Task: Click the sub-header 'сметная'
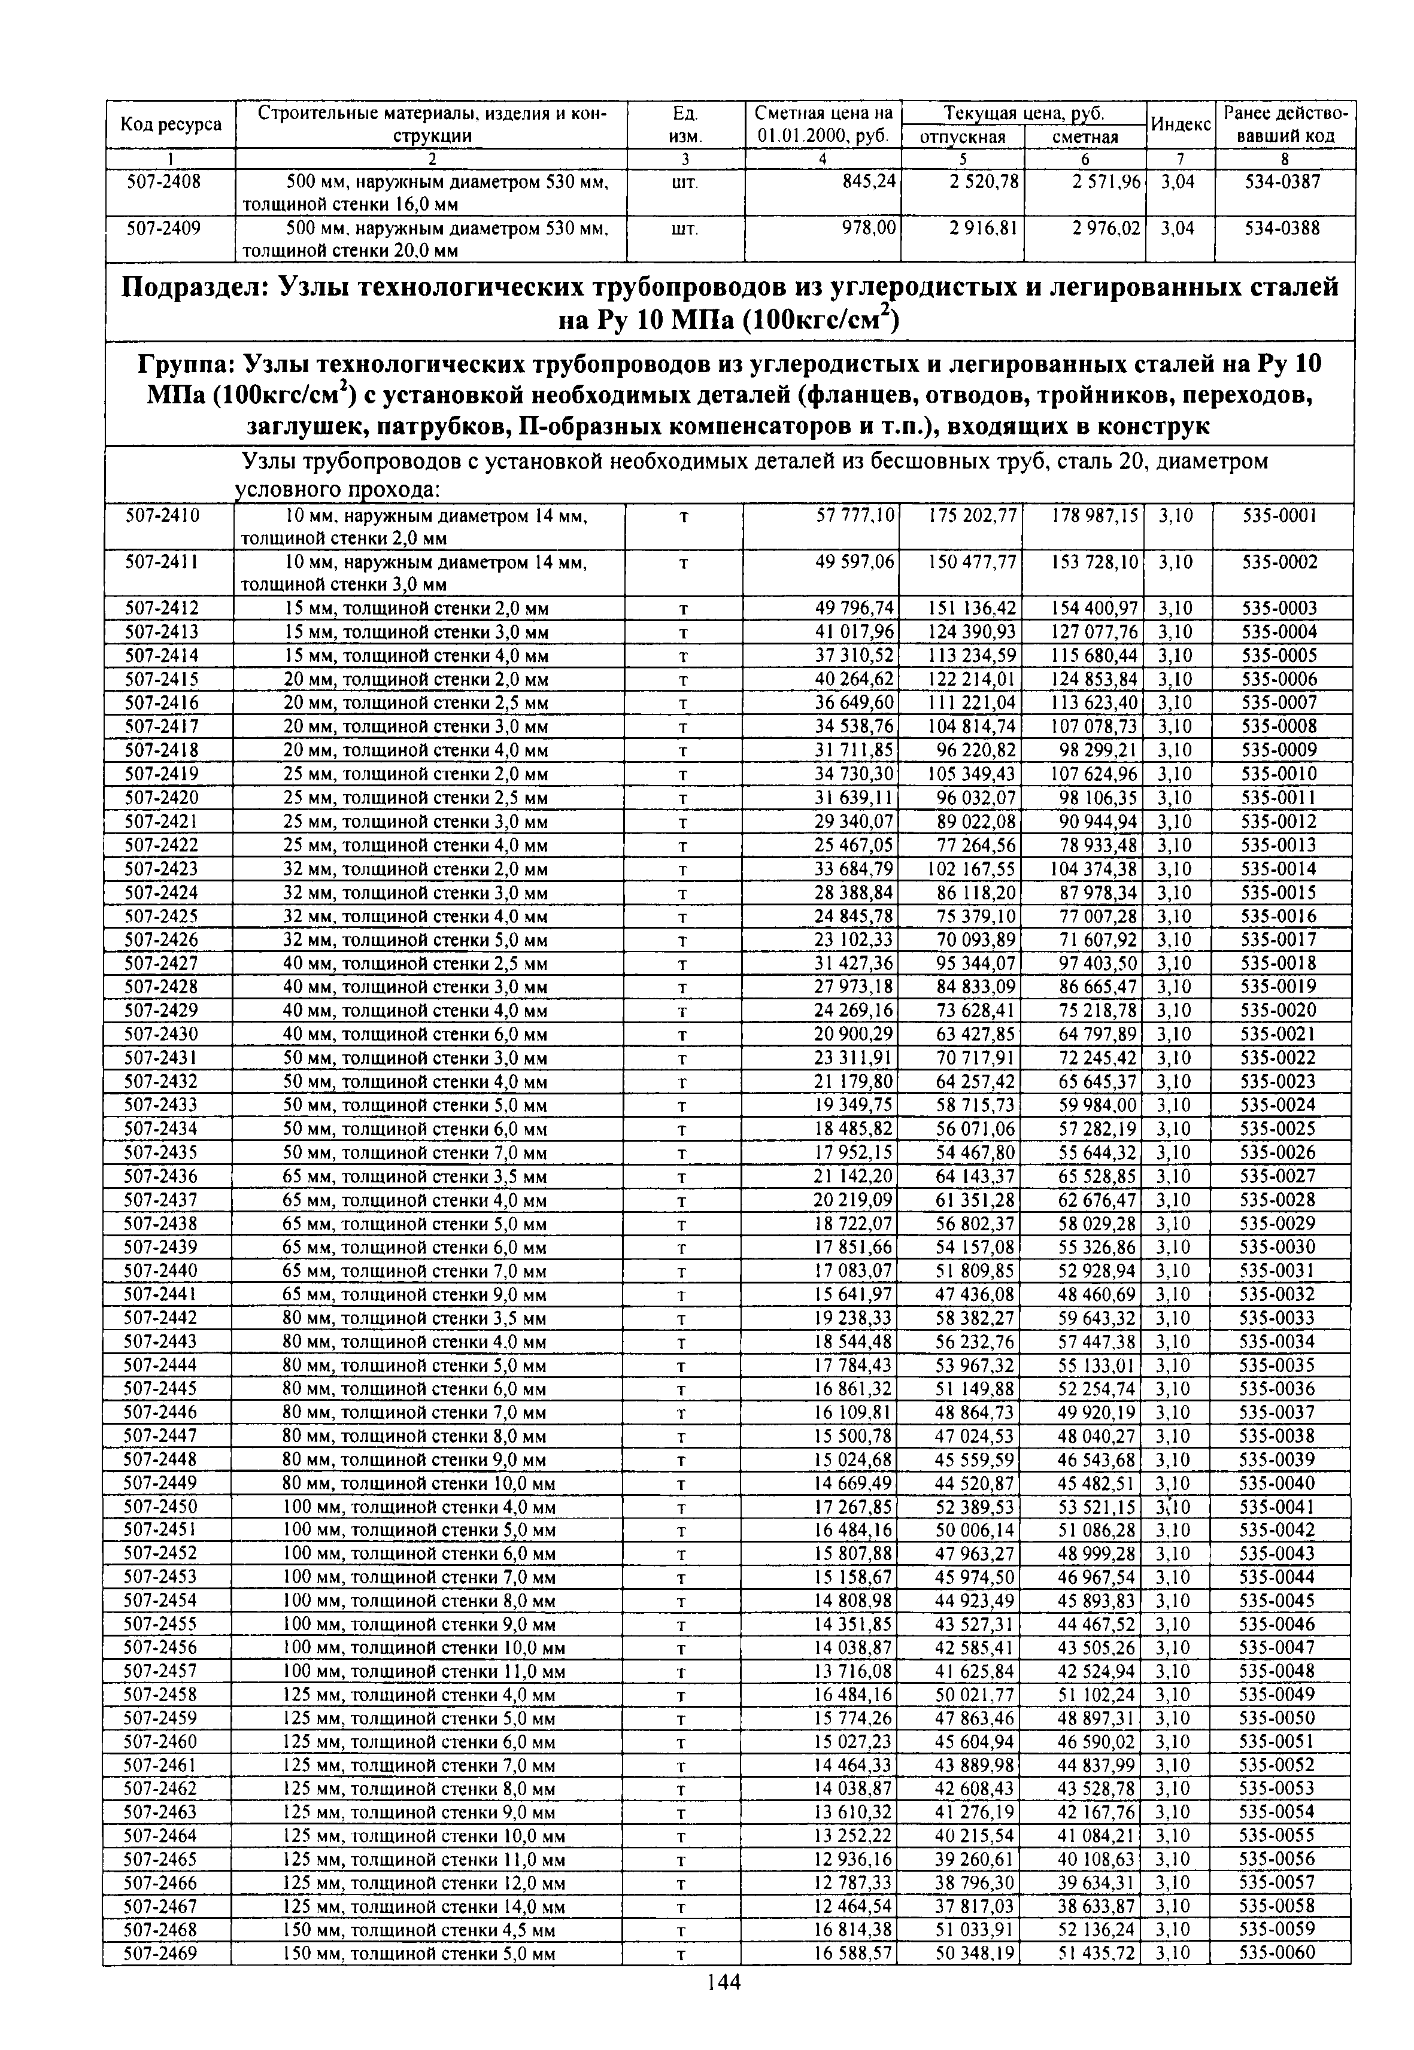pyautogui.click(x=1085, y=137)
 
